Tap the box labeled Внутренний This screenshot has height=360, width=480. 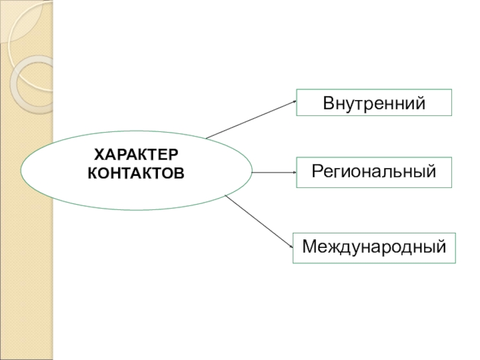pyautogui.click(x=374, y=103)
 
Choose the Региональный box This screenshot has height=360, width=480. pyautogui.click(x=374, y=172)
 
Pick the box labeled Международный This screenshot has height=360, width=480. pyautogui.click(x=374, y=247)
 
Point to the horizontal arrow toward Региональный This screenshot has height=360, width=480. pyautogui.click(x=274, y=172)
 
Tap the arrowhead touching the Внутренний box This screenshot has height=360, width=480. pyautogui.click(x=294, y=101)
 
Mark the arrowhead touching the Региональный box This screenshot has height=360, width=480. pyautogui.click(x=294, y=172)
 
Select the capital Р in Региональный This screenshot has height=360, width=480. pyautogui.click(x=317, y=172)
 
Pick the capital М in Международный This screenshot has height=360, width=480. pyautogui.click(x=310, y=247)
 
